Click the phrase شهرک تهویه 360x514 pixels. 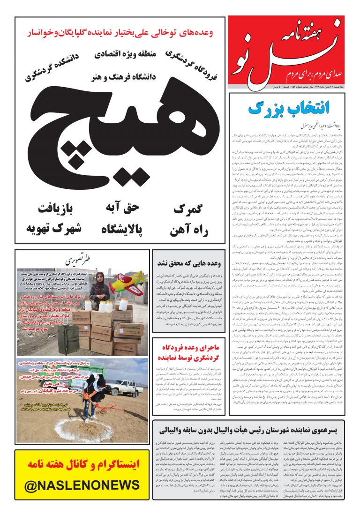click(x=54, y=230)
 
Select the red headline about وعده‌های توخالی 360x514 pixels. click(x=120, y=33)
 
